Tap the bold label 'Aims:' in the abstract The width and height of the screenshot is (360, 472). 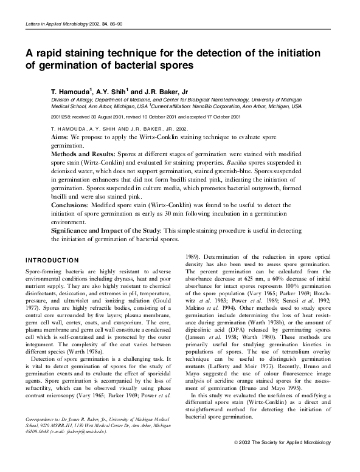(60, 139)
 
